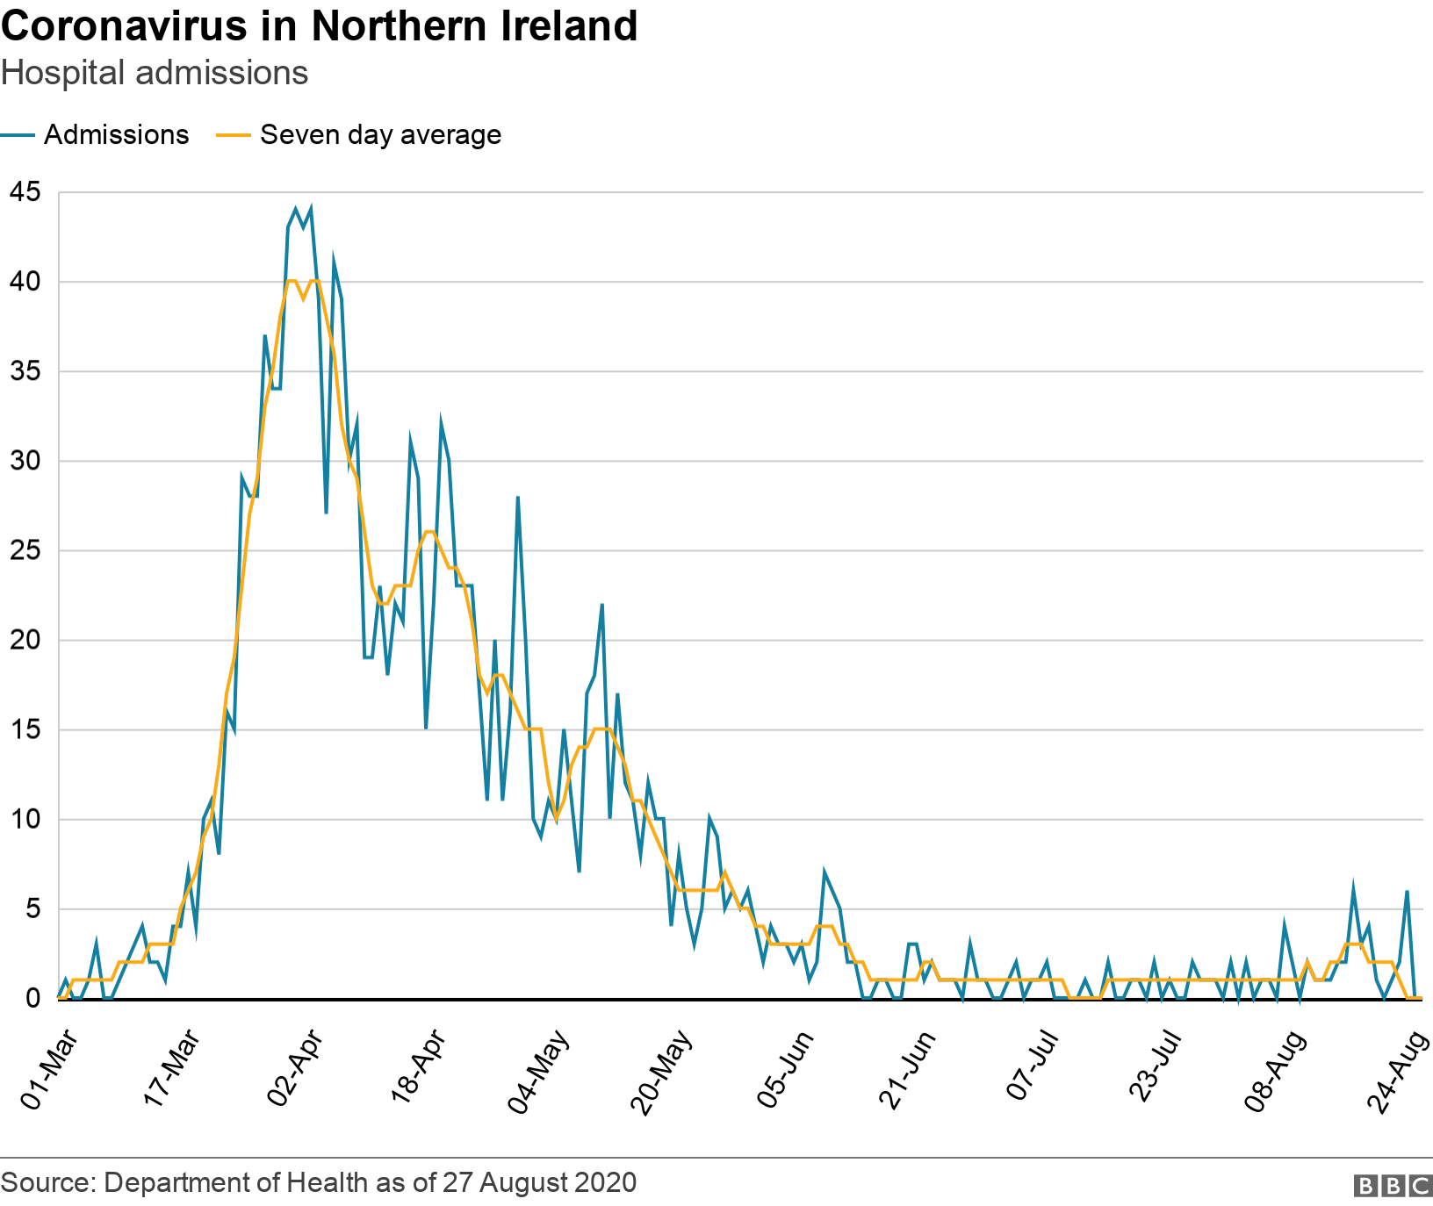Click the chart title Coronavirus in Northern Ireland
point(319,26)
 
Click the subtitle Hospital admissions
point(155,73)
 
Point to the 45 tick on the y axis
point(25,191)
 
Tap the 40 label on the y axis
point(25,282)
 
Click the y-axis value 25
point(25,551)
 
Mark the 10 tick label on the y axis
point(25,820)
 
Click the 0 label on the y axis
point(32,999)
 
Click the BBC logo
point(1393,1186)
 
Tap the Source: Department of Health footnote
point(319,1183)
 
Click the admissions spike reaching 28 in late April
point(518,498)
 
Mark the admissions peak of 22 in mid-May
point(601,605)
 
